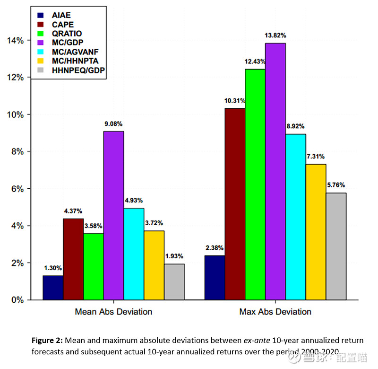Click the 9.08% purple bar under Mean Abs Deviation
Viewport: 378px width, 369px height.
point(113,215)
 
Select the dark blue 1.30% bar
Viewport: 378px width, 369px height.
point(53,288)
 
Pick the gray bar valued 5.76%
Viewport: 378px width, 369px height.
point(336,246)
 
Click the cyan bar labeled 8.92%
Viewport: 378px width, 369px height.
point(295,217)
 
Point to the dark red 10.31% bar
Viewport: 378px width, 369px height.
point(235,204)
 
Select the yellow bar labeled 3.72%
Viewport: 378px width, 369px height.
point(154,265)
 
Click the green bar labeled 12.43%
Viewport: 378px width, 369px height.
point(255,184)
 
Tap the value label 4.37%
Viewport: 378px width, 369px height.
point(73,211)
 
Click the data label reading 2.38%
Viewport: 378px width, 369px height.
point(215,247)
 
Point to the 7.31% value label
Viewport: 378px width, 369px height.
point(316,156)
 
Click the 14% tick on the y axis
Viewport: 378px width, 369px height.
point(15,41)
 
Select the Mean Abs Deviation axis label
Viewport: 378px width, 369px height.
point(113,312)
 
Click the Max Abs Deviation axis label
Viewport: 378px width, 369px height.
point(275,312)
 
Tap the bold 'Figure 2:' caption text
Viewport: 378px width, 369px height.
point(47,341)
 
